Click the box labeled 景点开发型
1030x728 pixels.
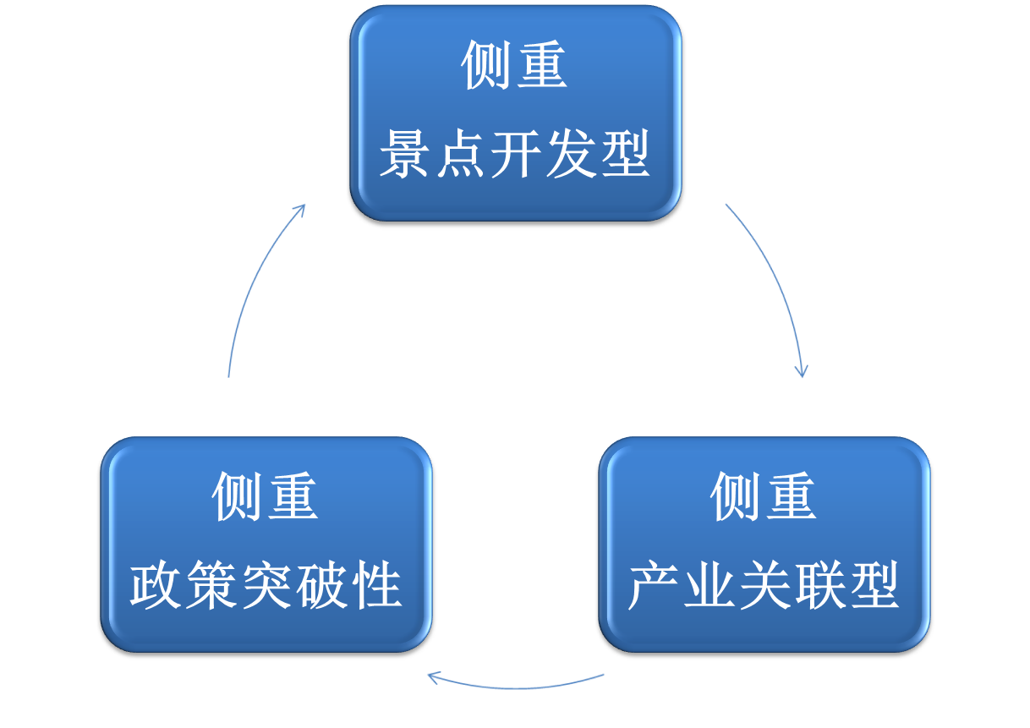(515, 114)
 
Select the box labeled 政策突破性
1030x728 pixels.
(266, 545)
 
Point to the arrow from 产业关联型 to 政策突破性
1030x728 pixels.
(516, 685)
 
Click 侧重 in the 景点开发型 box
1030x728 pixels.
(514, 66)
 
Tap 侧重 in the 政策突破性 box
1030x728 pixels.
(265, 497)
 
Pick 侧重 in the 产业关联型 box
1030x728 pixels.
(763, 497)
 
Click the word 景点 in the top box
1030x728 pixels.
(433, 154)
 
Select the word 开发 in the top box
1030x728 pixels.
(542, 154)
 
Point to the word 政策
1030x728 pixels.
(183, 585)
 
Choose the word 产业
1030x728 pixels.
(682, 585)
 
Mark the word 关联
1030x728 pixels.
(792, 585)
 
